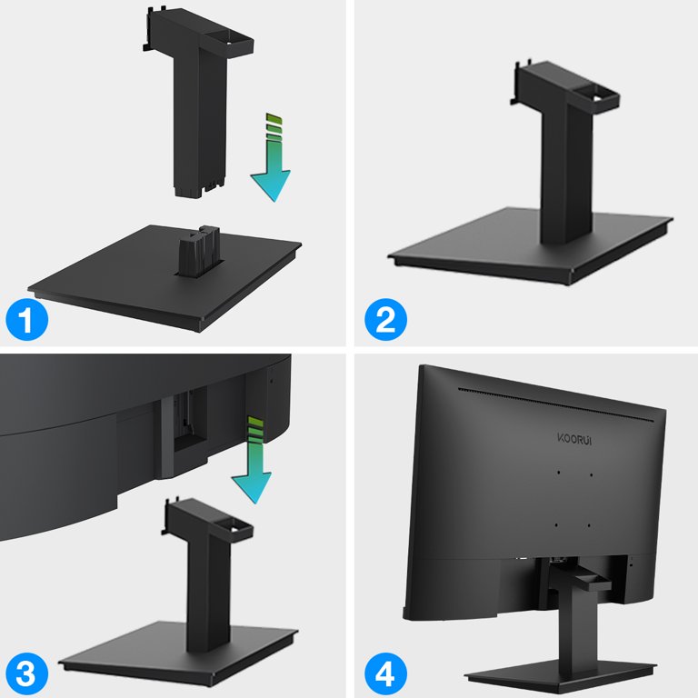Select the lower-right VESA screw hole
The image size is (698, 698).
(x=590, y=524)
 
